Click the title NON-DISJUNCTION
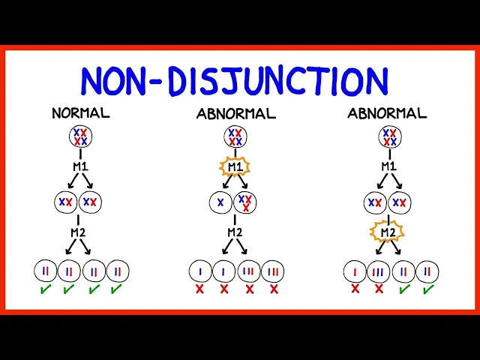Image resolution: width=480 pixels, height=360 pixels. coord(235,81)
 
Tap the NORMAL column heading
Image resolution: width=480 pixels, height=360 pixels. coord(80,114)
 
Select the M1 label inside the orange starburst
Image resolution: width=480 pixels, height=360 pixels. coord(235,166)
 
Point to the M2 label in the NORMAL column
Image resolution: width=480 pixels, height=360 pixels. coord(79,232)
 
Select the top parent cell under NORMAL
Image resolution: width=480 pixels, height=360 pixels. coord(80,137)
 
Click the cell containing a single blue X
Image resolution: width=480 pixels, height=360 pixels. coord(220,202)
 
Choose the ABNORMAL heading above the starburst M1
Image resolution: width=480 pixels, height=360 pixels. coord(235,114)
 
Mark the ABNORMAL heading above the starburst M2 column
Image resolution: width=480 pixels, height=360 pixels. coord(387,114)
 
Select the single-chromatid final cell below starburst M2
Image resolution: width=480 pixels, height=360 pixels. coord(355,271)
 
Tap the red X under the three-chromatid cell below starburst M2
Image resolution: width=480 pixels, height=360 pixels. coord(378,288)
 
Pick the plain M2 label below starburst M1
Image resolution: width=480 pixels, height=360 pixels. coord(235,232)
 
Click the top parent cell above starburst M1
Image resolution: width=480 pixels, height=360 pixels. coord(235,137)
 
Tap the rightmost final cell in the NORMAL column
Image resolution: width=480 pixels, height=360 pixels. coord(117,271)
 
